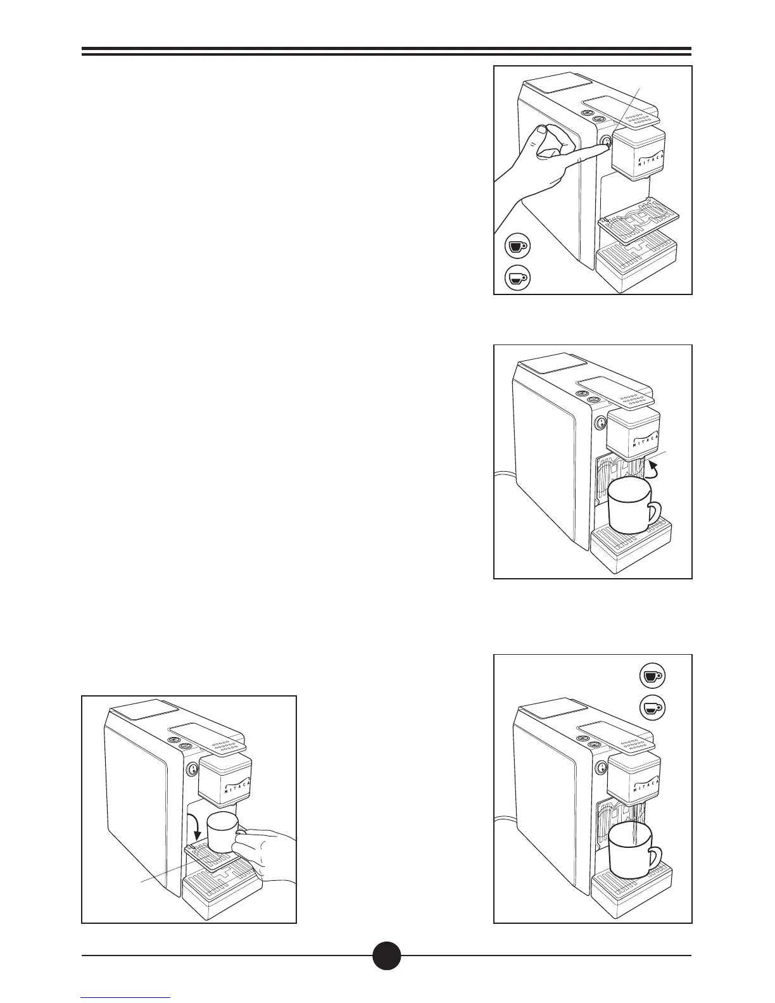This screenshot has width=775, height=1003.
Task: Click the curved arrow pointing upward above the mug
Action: pos(652,469)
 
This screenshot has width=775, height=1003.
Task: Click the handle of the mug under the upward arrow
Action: pos(652,516)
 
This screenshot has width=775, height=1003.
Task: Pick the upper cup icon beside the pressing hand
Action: pos(517,246)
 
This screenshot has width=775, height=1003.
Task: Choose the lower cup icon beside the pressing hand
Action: pos(517,278)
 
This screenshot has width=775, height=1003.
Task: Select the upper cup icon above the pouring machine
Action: pos(652,676)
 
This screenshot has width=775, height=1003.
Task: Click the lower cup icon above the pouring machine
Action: pos(652,707)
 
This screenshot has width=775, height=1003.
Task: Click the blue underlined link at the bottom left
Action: pos(126,998)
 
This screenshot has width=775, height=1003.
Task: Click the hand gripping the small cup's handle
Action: pos(266,848)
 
